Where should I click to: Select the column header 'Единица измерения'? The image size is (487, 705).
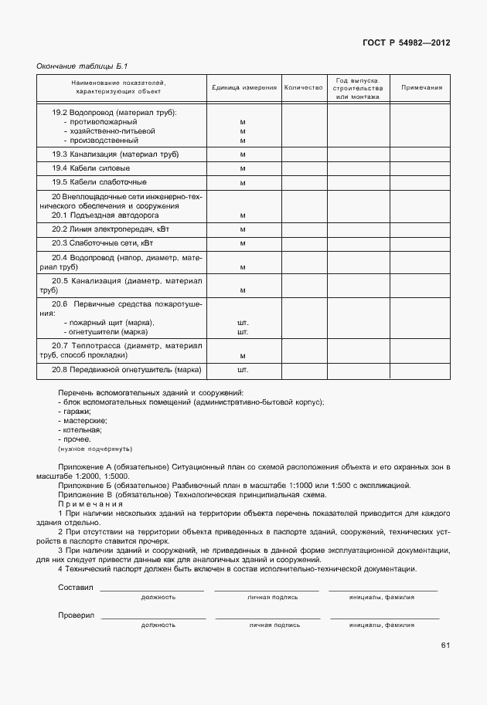[244, 88]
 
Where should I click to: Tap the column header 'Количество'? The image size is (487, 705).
[303, 88]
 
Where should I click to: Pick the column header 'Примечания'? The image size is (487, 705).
[421, 88]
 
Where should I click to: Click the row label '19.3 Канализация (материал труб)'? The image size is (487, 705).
[115, 154]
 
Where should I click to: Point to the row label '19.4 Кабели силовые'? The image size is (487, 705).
[90, 168]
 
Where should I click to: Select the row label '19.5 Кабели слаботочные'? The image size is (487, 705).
[99, 182]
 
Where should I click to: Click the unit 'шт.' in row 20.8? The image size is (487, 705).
[243, 371]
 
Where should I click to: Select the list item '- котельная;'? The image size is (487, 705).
[80, 430]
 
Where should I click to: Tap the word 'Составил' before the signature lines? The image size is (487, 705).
[75, 588]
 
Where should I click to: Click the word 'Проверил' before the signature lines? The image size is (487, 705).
[76, 615]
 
